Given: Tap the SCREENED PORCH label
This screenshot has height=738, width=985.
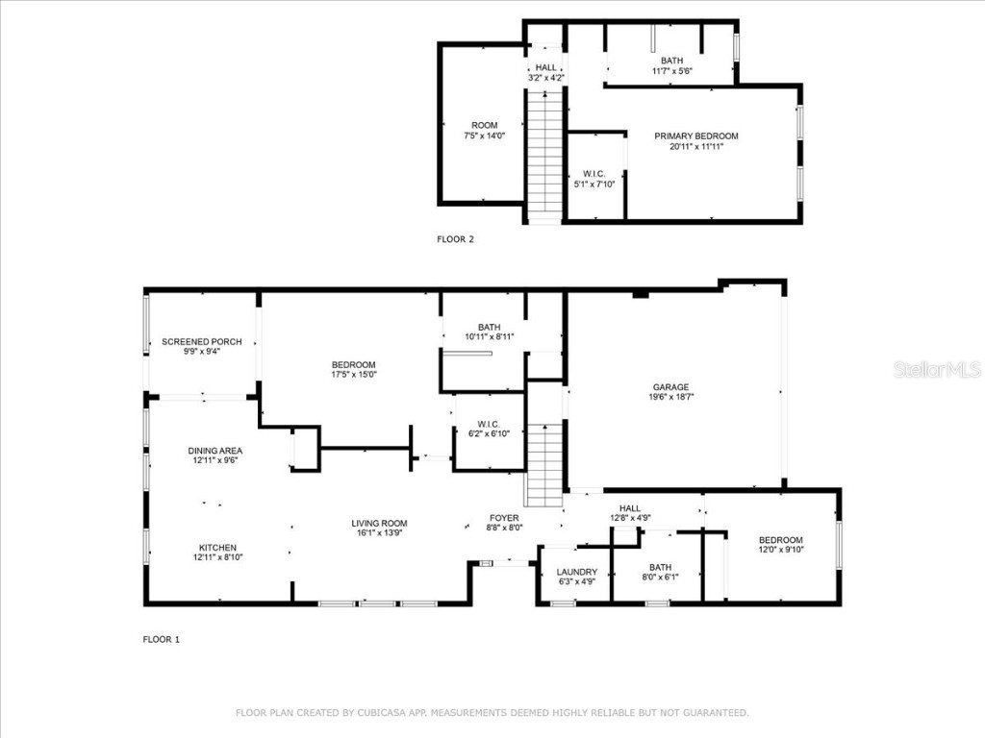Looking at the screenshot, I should click(201, 342).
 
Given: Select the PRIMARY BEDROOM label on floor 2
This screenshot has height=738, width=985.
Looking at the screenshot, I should click(696, 136).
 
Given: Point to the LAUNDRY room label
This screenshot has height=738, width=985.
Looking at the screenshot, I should click(577, 572).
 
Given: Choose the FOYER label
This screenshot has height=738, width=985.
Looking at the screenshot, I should click(504, 518).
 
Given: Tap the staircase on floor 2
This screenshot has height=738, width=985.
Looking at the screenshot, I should click(544, 154).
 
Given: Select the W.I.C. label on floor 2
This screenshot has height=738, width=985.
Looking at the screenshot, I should click(594, 174).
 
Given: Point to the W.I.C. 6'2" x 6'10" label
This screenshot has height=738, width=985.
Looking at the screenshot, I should click(487, 430).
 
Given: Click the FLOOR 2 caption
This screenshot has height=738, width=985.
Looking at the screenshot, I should click(456, 239).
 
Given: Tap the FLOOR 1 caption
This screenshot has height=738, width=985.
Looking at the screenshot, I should click(162, 639).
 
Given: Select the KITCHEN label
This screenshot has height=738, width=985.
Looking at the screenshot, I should click(217, 547).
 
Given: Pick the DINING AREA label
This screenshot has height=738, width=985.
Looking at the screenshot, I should click(215, 451).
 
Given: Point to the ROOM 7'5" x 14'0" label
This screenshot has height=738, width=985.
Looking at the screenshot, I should click(484, 131).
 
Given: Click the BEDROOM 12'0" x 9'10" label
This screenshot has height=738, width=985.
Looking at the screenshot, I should click(780, 545).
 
